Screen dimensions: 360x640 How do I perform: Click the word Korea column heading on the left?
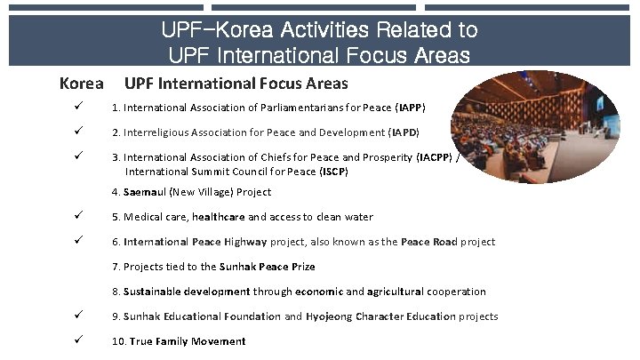(81, 84)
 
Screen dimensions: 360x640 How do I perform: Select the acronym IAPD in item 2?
(404, 133)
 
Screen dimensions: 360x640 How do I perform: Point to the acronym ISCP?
(333, 171)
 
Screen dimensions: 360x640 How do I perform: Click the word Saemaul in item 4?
(143, 192)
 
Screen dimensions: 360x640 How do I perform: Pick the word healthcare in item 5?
(219, 217)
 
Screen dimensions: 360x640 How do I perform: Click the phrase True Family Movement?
(188, 341)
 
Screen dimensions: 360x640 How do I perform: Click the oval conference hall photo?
(538, 126)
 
